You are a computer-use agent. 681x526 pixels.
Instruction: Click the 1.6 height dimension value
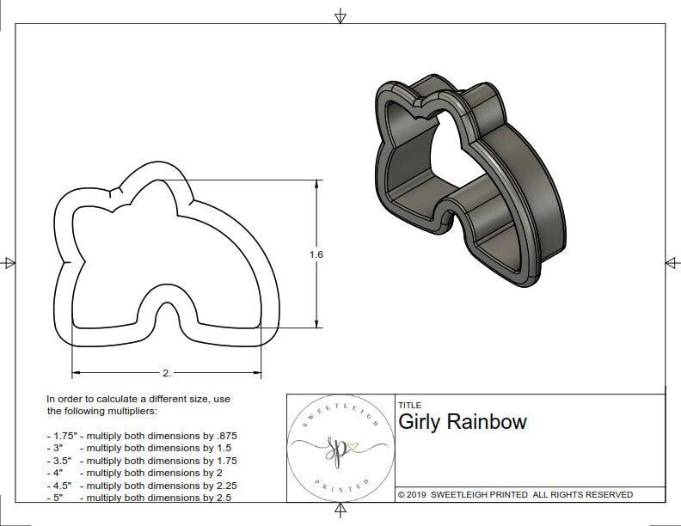click(x=316, y=254)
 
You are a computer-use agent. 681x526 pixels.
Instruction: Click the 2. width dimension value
click(x=166, y=373)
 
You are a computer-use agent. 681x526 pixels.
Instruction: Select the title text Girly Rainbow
click(x=462, y=422)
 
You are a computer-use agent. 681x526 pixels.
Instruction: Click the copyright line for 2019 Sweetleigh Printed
click(x=515, y=494)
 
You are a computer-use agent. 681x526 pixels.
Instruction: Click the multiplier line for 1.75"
click(x=142, y=436)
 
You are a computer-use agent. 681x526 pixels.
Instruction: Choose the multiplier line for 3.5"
click(x=142, y=460)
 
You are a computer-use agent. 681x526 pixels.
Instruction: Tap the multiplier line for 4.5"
click(x=142, y=484)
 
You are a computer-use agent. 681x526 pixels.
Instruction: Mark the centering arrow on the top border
click(x=340, y=16)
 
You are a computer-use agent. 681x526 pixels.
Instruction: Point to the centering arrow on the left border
click(x=9, y=262)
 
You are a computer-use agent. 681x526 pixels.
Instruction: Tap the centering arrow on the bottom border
click(x=340, y=513)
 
